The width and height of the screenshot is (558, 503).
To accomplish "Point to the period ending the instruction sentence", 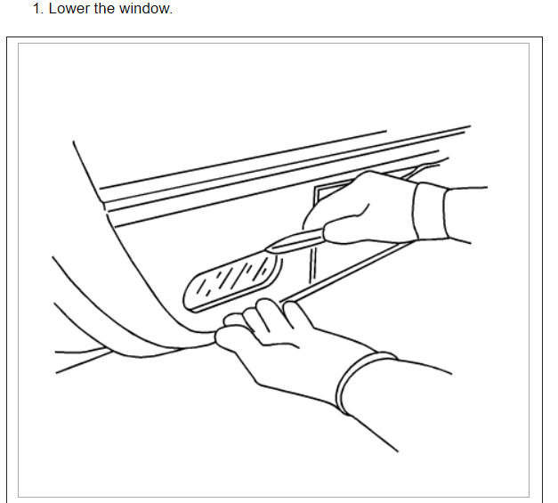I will pyautogui.click(x=171, y=12).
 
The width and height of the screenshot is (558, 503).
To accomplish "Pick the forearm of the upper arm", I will pyautogui.click(x=466, y=214).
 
